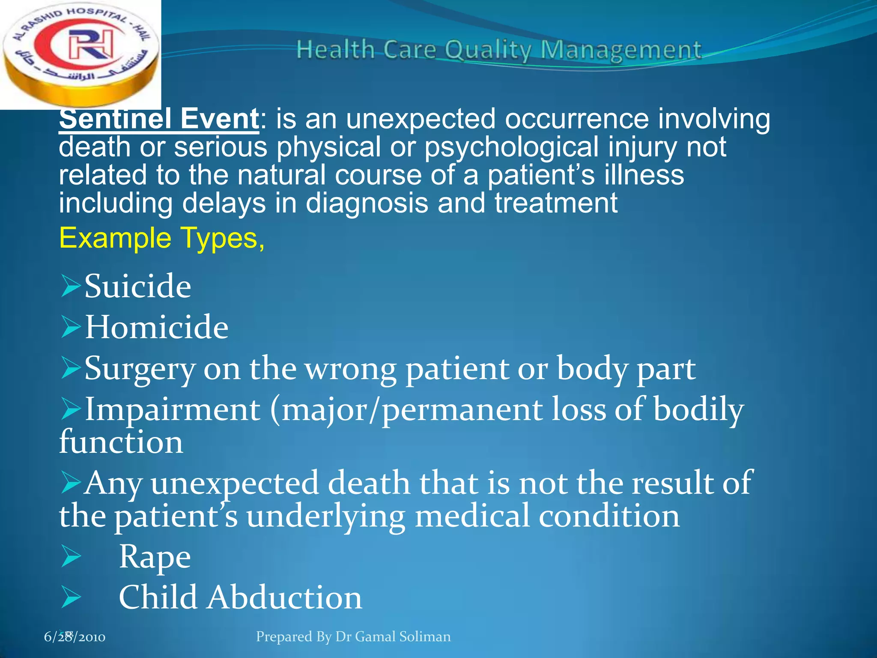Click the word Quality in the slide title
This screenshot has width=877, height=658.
point(487,50)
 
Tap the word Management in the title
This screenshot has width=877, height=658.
point(621,50)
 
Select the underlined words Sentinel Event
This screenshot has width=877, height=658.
point(158,119)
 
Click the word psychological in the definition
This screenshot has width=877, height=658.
point(511,147)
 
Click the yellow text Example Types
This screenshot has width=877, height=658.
point(161,238)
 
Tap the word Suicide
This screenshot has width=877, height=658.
point(137,286)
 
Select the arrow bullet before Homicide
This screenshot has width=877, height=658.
point(71,327)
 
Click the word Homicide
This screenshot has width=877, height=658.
point(156,327)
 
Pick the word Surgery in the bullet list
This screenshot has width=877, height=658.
point(140,368)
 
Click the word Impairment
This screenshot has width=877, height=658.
point(173,410)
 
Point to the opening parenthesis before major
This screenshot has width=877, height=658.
point(275,410)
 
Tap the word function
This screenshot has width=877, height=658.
point(121,442)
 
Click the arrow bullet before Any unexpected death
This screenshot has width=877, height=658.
point(71,483)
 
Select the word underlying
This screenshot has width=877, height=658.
point(325,516)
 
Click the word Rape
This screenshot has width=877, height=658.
point(155,556)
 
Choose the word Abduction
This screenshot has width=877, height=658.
point(285,597)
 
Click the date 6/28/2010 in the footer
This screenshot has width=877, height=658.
point(75,637)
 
